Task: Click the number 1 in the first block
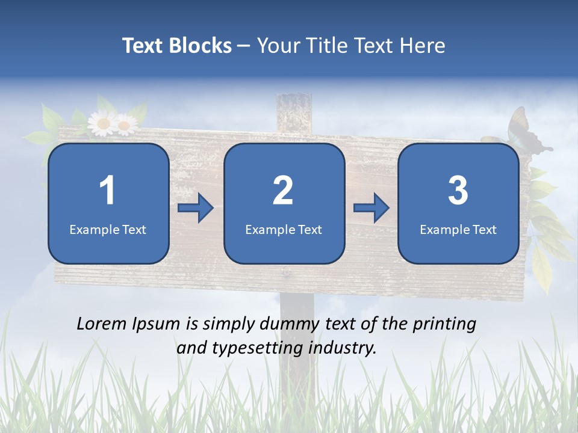pyautogui.click(x=108, y=191)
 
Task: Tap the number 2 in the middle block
pyautogui.click(x=283, y=191)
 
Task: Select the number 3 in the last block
pyautogui.click(x=458, y=191)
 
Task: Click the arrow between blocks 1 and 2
pyautogui.click(x=196, y=208)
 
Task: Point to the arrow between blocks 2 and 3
pyautogui.click(x=371, y=208)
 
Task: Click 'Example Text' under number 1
pyautogui.click(x=108, y=229)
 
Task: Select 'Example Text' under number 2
pyautogui.click(x=284, y=229)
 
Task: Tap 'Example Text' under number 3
pyautogui.click(x=458, y=229)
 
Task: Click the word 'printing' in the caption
pyautogui.click(x=444, y=325)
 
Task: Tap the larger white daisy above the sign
pyautogui.click(x=103, y=123)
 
